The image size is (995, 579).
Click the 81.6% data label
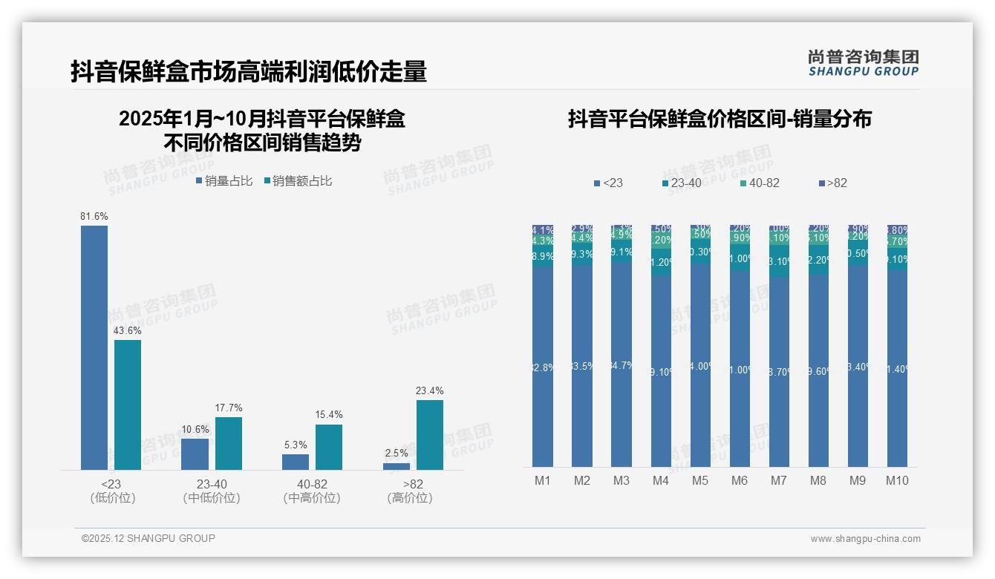click(94, 216)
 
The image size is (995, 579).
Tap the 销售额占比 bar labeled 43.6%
click(128, 405)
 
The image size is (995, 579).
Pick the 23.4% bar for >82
click(430, 435)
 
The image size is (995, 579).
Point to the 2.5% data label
click(397, 453)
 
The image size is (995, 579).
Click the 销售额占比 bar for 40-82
click(329, 447)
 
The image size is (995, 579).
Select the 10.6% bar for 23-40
click(195, 454)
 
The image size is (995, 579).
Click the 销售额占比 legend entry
click(298, 181)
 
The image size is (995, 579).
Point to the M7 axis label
click(778, 480)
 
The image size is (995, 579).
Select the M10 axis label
click(897, 480)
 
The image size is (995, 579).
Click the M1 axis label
click(543, 480)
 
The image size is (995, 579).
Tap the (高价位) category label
click(410, 498)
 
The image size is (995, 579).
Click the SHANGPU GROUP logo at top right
click(864, 62)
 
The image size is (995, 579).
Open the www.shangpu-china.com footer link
click(865, 539)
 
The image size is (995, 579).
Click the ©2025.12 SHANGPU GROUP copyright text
click(149, 538)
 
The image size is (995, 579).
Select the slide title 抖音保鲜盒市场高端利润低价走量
click(249, 71)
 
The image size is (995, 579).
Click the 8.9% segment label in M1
click(543, 256)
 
